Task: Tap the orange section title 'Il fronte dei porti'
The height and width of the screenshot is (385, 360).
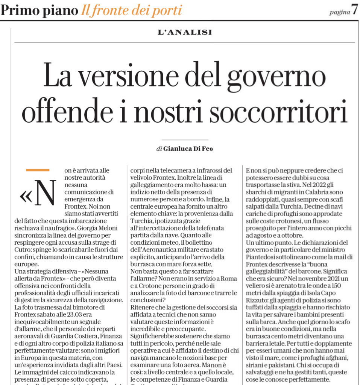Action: click(x=131, y=11)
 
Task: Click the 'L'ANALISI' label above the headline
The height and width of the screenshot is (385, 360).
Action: click(x=185, y=32)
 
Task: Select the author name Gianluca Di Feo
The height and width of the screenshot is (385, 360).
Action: click(x=187, y=149)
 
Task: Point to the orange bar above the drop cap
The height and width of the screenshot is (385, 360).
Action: click(x=37, y=170)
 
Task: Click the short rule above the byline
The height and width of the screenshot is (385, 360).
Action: click(x=185, y=139)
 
